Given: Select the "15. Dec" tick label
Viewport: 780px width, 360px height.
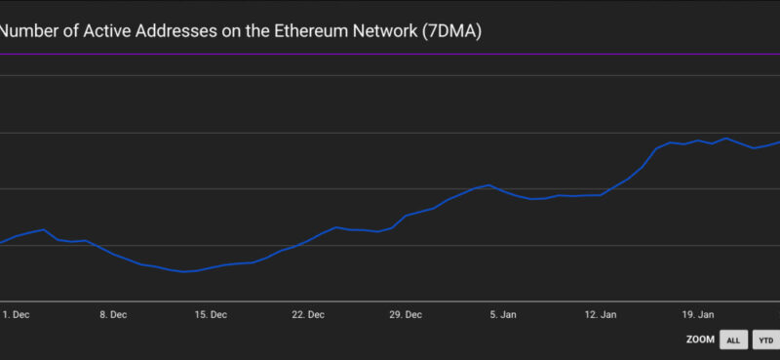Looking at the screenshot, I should pyautogui.click(x=211, y=315).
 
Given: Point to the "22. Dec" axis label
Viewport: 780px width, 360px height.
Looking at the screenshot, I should pyautogui.click(x=308, y=315).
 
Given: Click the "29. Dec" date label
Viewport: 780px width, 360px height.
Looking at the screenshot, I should pyautogui.click(x=406, y=315).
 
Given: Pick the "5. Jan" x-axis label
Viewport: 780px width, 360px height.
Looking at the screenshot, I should pyautogui.click(x=502, y=315).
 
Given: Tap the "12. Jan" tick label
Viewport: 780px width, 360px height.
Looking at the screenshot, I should pyautogui.click(x=601, y=315).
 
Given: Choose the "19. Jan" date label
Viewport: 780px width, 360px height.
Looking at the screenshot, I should pyautogui.click(x=698, y=315).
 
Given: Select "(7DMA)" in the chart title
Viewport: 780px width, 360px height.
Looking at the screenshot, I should pyautogui.click(x=451, y=31).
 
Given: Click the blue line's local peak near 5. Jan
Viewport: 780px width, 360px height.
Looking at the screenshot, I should pyautogui.click(x=488, y=184).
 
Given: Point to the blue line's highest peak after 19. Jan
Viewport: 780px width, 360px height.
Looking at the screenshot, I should pyautogui.click(x=725, y=138).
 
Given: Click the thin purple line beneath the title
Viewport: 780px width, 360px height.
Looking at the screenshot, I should pyautogui.click(x=390, y=55).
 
